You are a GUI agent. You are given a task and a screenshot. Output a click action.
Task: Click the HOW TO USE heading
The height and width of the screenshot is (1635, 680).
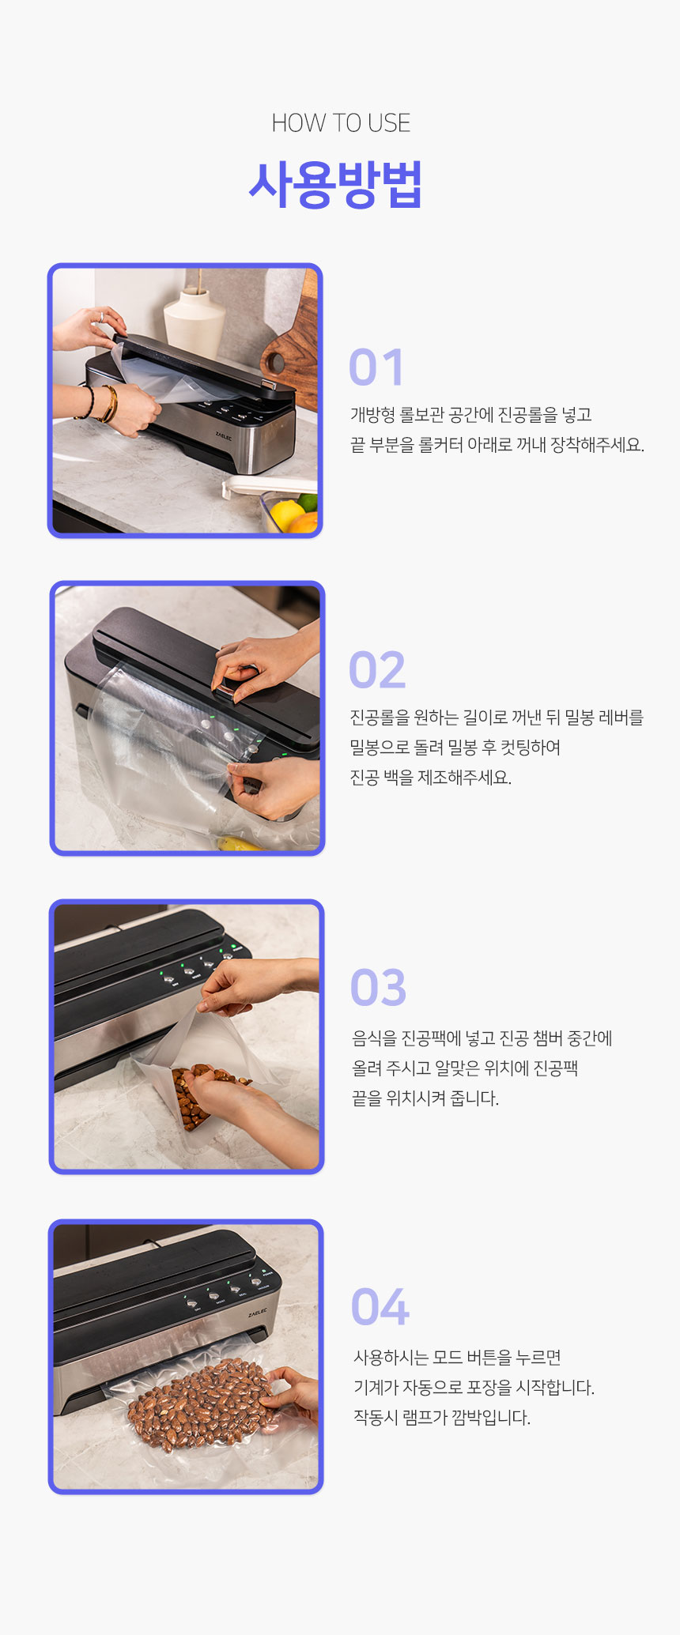341,123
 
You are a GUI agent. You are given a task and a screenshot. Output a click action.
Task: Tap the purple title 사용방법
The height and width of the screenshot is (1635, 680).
335,184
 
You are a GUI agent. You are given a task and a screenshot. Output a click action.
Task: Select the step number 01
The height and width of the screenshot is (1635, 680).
376,367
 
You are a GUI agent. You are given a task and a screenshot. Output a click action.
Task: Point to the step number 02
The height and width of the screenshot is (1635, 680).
377,670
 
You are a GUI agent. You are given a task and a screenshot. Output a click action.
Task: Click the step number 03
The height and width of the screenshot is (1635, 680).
378,988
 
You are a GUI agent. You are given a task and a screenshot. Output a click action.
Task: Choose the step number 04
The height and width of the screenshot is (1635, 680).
380,1307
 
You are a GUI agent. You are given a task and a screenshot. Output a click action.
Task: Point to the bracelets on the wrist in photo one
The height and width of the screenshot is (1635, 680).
102,403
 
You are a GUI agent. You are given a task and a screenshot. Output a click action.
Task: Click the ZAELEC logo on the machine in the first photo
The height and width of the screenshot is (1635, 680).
224,435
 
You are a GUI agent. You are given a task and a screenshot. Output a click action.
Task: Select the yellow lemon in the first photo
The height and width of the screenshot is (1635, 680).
286,514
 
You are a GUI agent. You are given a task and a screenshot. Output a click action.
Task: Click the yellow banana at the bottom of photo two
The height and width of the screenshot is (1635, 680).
238,843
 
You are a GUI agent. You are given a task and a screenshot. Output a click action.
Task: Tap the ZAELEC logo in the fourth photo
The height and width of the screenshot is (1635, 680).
258,1313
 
